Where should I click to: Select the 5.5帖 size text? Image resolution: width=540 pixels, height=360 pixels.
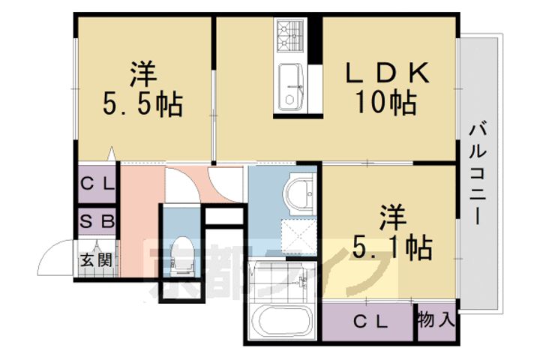pos(142,103)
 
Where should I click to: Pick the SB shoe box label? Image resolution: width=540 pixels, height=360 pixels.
pos(97,221)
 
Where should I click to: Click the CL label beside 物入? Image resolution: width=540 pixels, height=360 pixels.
pos(370,322)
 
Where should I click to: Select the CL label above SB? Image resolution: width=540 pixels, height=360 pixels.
pos(97,184)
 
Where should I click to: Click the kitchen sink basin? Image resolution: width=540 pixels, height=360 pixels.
pos(289,86)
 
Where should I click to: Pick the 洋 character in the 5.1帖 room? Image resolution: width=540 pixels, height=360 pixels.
pos(391,215)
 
